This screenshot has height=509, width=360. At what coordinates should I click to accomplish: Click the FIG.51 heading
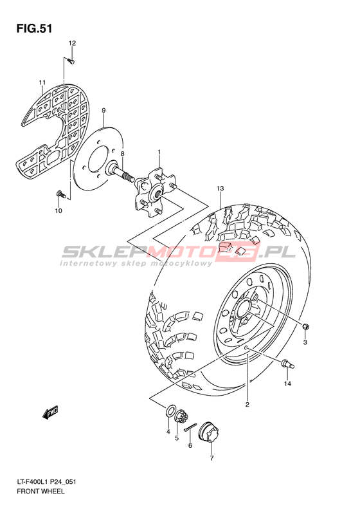[34, 28]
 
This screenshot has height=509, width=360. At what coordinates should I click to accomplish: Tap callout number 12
[72, 43]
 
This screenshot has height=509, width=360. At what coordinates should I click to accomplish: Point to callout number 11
[42, 82]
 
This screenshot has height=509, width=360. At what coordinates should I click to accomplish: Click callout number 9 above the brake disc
[104, 111]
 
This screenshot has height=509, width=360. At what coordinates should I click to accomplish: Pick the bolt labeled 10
[60, 195]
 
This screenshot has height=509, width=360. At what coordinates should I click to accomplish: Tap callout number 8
[123, 153]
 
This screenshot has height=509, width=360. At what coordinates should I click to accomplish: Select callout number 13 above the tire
[221, 189]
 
